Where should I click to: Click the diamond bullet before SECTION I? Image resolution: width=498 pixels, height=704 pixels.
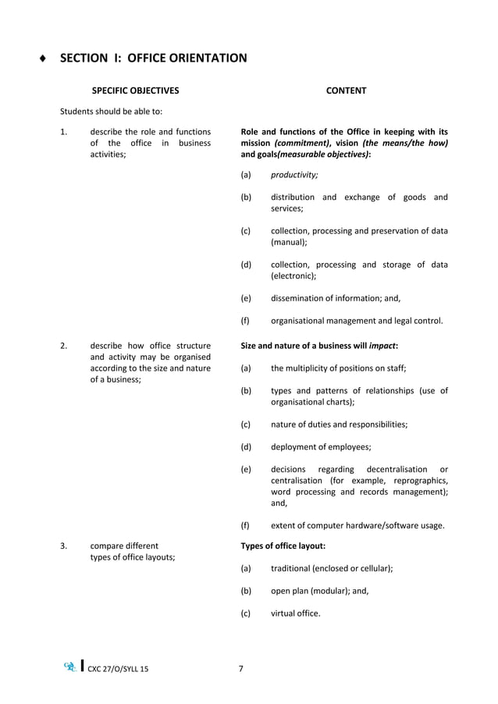point(44,59)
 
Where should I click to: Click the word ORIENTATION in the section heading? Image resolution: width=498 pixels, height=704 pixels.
point(205,58)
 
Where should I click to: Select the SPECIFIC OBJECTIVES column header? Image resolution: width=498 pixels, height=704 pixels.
point(135,91)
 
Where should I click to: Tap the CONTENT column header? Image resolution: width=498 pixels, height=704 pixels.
point(346,91)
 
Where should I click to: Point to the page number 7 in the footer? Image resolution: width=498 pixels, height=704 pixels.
point(241,668)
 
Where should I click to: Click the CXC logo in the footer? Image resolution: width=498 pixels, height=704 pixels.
point(70,667)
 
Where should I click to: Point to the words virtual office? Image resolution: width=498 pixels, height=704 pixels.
point(295,613)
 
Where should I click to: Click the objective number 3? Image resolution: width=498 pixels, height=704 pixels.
point(63,546)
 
